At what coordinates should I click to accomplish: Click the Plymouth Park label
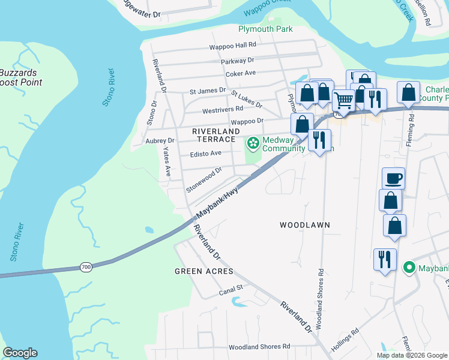[265, 29]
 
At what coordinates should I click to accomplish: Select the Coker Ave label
[241, 73]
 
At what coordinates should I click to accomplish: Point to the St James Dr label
[207, 91]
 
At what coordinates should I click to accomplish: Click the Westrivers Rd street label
[222, 109]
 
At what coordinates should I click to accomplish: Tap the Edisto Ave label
[206, 153]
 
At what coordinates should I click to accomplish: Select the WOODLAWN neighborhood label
[305, 225]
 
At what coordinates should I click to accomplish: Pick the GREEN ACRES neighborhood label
[203, 271]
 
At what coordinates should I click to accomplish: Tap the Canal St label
[230, 288]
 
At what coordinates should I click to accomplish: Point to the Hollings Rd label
[347, 336]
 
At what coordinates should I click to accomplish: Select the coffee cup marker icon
[393, 178]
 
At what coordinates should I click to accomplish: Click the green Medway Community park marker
[253, 143]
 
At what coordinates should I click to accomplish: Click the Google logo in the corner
[20, 353]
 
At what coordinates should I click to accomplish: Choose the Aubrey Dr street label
[160, 140]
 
